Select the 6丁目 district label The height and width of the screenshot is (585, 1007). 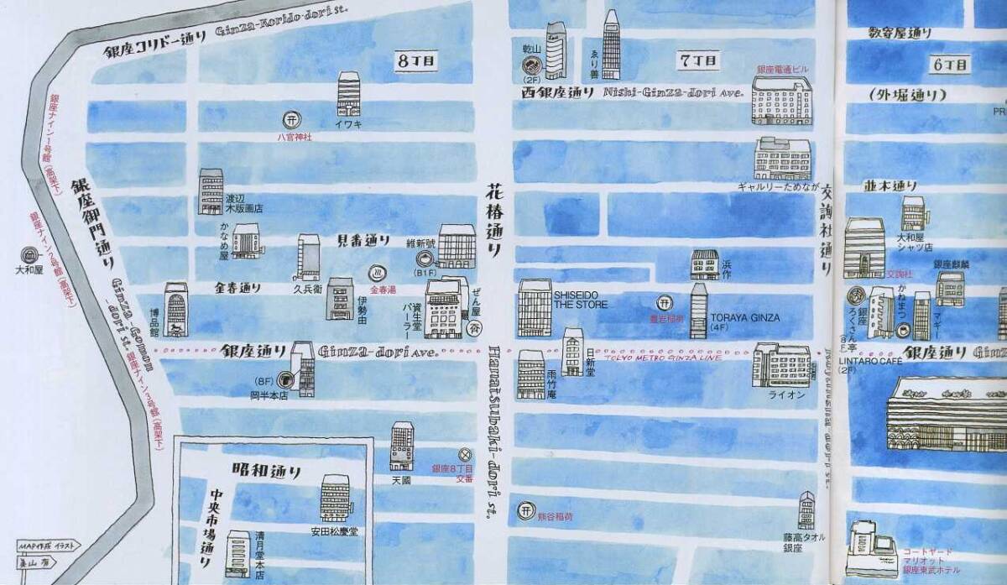(x=951, y=64)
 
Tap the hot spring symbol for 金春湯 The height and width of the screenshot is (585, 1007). (x=378, y=272)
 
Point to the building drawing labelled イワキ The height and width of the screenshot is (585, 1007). (x=348, y=93)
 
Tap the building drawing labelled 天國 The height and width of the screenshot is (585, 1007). (x=402, y=446)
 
